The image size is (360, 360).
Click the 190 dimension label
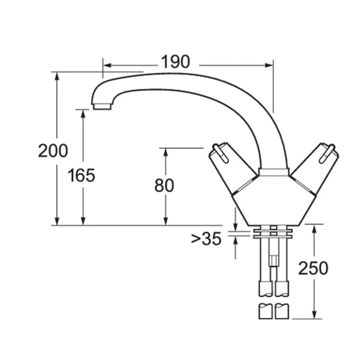coord(175,62)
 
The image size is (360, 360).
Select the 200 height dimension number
coord(53,151)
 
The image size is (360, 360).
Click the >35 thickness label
coord(206,239)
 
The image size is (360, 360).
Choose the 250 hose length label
coord(313,268)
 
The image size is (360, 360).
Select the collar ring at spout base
coord(274,171)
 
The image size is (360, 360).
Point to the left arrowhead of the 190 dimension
coord(106,65)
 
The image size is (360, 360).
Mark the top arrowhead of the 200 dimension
coord(57,76)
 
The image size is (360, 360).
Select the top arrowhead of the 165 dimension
coord(83,113)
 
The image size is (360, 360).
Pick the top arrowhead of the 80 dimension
coord(166,152)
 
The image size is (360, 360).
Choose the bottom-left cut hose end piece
coord(265,311)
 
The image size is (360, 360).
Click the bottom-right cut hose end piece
coord(282,311)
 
